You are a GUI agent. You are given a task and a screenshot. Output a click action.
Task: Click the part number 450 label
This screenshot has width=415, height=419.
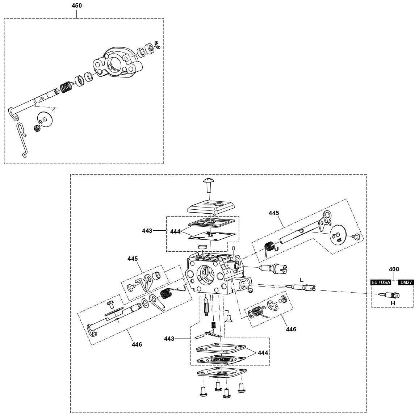pyautogui.click(x=77, y=5)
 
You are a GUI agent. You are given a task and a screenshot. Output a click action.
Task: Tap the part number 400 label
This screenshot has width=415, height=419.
pyautogui.click(x=394, y=269)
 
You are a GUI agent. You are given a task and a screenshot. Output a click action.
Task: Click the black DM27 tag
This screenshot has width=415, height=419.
pyautogui.click(x=406, y=282)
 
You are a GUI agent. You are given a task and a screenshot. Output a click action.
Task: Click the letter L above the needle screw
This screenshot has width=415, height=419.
pyautogui.click(x=301, y=280)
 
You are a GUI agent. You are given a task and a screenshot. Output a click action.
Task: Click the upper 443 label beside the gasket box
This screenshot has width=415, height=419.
pyautogui.click(x=147, y=230)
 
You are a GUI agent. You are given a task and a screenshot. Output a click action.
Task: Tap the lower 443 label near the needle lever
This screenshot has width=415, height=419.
pyautogui.click(x=169, y=339)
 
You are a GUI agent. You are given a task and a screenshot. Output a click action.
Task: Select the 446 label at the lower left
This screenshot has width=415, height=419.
pyautogui.click(x=137, y=344)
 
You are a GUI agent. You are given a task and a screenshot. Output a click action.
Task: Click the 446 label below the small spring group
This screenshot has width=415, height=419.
pyautogui.click(x=291, y=329)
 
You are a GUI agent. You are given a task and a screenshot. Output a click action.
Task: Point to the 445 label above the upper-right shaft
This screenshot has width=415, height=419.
pyautogui.click(x=274, y=213)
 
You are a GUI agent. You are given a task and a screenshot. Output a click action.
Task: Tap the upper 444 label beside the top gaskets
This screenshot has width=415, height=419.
pyautogui.click(x=175, y=231)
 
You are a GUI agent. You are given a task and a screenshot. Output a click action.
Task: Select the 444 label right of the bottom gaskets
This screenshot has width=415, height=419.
pyautogui.click(x=263, y=353)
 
